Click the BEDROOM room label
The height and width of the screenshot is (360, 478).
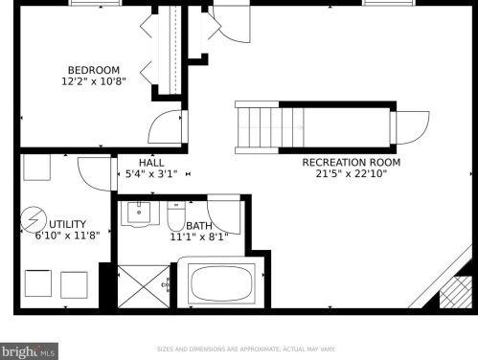[x=93, y=69]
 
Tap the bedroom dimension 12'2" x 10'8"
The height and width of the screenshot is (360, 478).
[x=93, y=81]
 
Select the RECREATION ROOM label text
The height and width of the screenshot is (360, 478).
[x=351, y=162]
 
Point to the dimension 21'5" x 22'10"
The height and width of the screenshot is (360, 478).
[x=351, y=173]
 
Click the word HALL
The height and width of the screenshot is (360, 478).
[x=150, y=163]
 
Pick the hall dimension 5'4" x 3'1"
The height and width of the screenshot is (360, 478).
[x=150, y=174]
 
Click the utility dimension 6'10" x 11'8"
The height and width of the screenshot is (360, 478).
[x=67, y=235]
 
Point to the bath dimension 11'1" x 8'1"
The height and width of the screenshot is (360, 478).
[x=198, y=236]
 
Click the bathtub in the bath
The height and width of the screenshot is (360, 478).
[x=222, y=283]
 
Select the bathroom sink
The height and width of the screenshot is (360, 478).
[x=140, y=213]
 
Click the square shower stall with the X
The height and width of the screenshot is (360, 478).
[x=142, y=285]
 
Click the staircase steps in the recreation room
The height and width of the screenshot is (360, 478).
[x=259, y=127]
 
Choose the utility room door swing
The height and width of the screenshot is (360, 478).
[x=93, y=172]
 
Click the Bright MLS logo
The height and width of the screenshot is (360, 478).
[x=29, y=351]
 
